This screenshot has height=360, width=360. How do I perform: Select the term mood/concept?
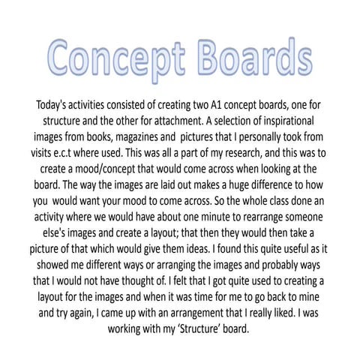click(108, 173)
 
